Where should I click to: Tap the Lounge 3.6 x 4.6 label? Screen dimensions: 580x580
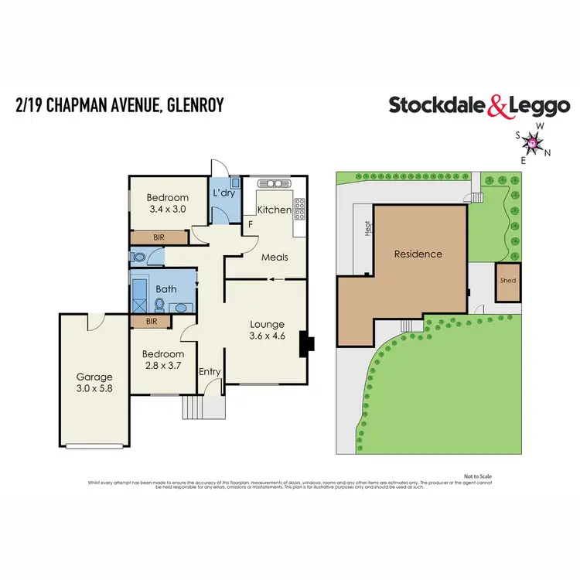coord(267,330)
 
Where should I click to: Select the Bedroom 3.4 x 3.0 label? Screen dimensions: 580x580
coord(168,203)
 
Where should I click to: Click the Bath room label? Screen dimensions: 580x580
coord(165,289)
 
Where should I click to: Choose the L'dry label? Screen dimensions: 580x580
coord(223,193)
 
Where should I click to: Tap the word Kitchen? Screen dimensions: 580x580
coord(274,210)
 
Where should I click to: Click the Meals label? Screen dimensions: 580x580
coord(275,258)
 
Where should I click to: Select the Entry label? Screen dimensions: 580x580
coord(210,372)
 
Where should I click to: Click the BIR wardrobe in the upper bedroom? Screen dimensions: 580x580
coord(159,237)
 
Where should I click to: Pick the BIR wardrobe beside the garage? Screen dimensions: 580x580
coord(152,321)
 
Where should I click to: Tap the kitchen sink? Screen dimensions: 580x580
coord(275,184)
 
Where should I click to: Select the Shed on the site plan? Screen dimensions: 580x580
coord(508,281)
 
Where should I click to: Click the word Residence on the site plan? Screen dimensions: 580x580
coord(418,254)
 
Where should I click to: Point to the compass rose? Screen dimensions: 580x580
coord(533,142)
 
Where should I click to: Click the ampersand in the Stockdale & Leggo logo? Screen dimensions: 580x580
coord(498,106)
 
